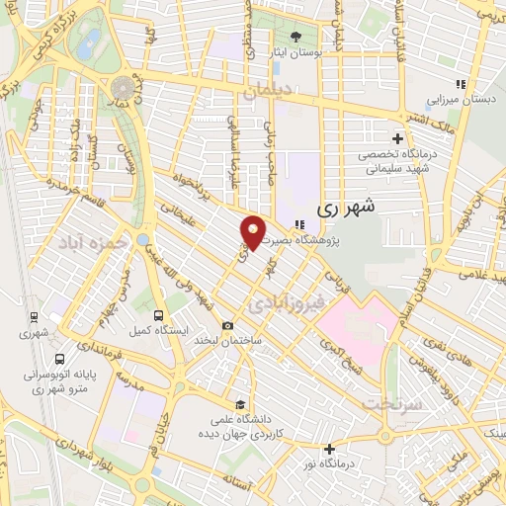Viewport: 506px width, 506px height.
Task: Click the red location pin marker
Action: tap(253, 231)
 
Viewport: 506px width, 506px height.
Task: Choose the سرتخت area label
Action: tap(391, 405)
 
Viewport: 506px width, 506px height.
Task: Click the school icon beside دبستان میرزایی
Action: tap(459, 84)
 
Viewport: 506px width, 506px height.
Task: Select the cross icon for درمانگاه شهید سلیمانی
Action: tap(397, 138)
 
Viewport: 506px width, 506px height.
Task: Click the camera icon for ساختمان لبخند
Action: tap(228, 326)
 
